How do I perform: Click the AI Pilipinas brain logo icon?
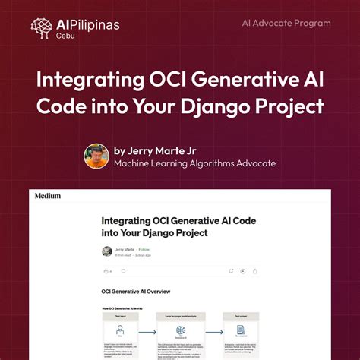point(43,28)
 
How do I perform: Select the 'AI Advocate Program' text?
point(286,24)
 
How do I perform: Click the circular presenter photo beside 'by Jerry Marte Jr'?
point(96,156)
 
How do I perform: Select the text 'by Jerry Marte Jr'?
point(154,150)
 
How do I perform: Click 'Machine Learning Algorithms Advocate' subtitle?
point(194,163)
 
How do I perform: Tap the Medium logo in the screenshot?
point(47,196)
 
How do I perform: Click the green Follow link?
point(144,249)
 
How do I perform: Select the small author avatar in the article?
point(107,251)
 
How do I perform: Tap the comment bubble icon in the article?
point(123,270)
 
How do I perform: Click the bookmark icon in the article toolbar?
point(231,270)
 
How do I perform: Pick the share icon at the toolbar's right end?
point(255,270)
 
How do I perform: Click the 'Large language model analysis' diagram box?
point(180,333)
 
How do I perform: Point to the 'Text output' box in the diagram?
point(241,333)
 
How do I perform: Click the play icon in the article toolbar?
point(243,270)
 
